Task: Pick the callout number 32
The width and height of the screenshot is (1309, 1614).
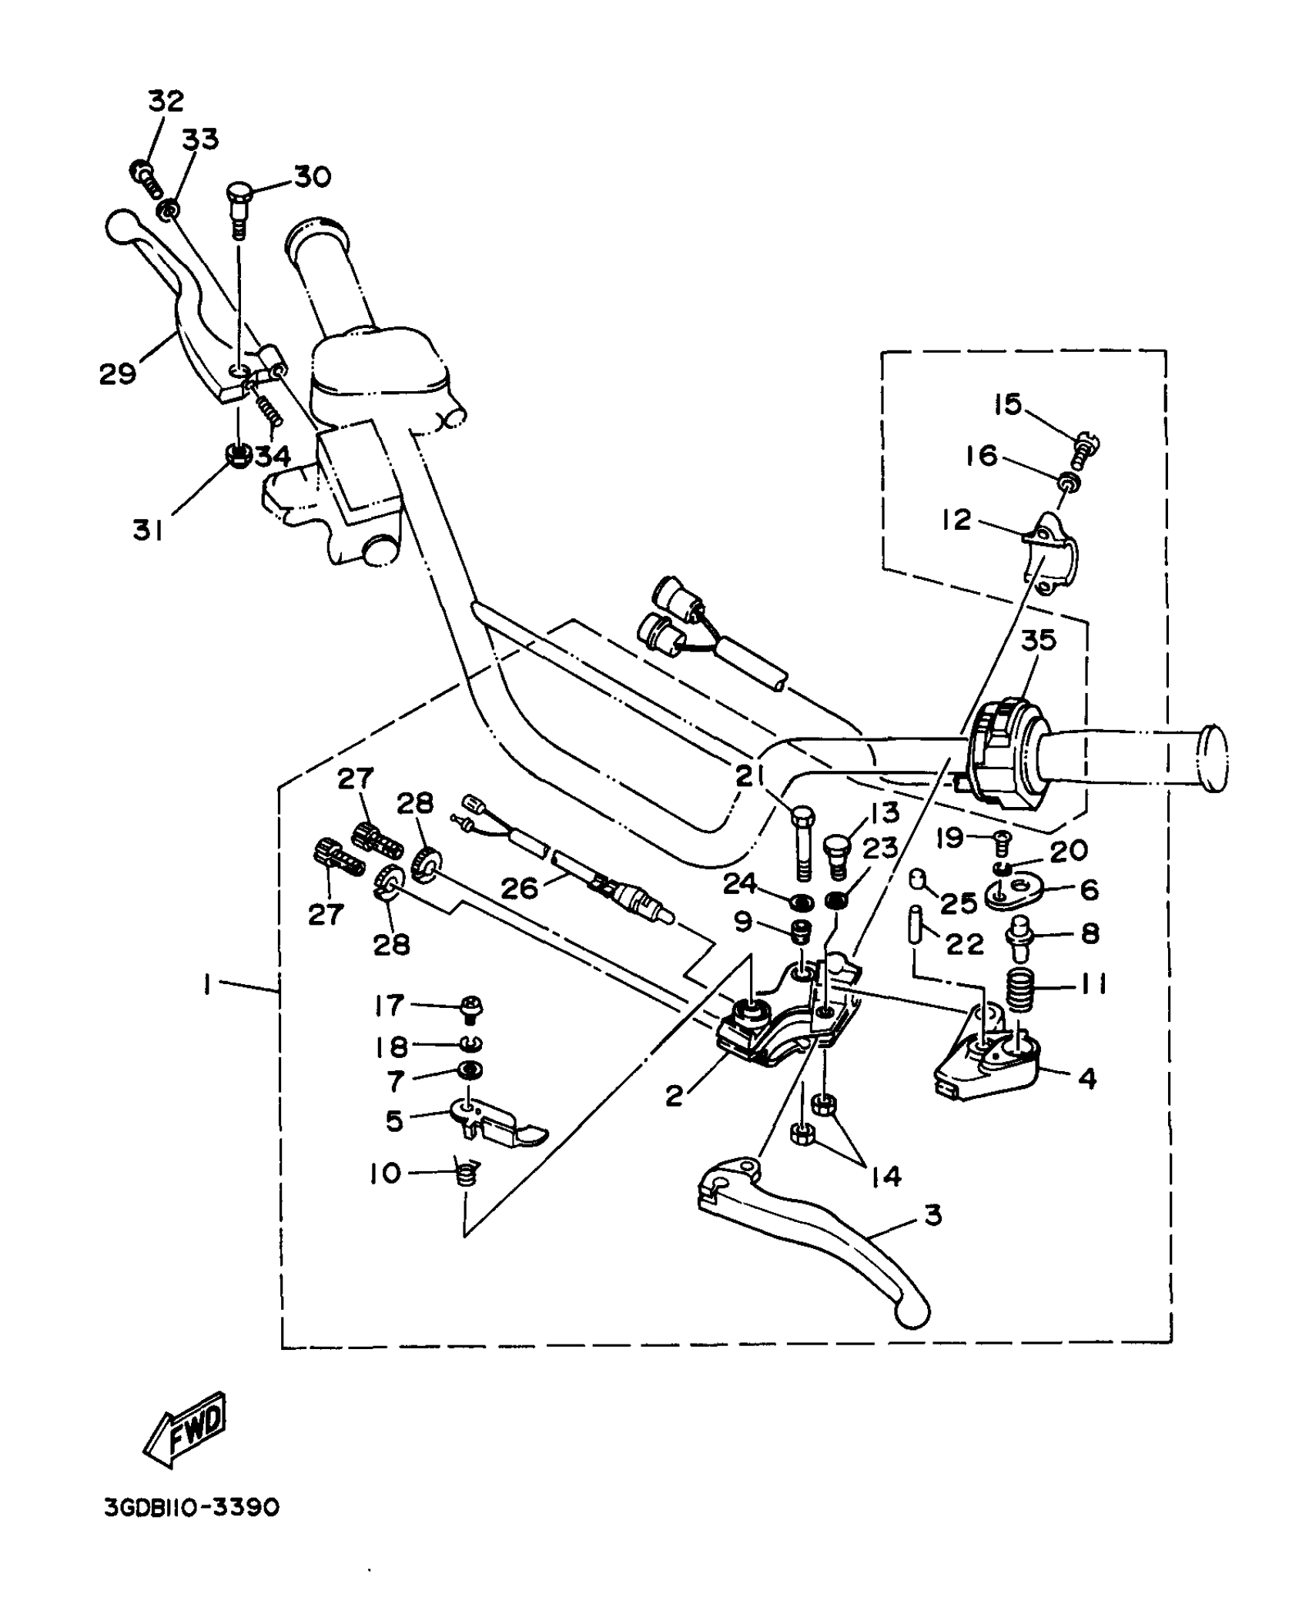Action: [x=166, y=101]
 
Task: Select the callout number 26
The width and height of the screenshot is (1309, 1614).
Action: [x=519, y=888]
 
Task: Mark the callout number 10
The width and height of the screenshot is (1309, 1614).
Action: [x=384, y=1174]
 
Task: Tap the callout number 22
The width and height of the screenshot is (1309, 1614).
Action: [x=966, y=944]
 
